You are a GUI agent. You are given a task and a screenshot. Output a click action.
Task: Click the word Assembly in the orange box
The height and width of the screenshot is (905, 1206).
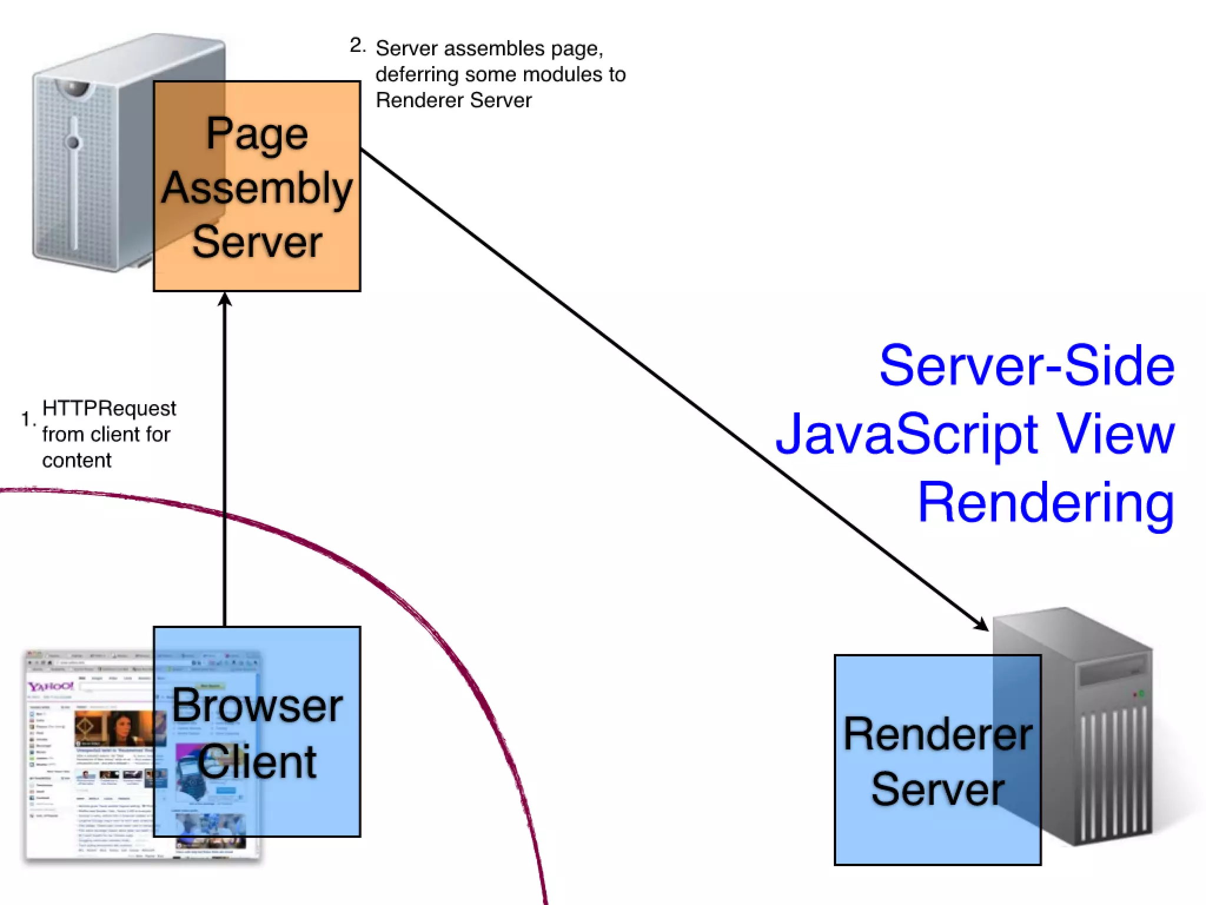pyautogui.click(x=257, y=189)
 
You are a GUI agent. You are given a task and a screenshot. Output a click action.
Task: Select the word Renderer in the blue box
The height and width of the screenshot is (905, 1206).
pyautogui.click(x=937, y=734)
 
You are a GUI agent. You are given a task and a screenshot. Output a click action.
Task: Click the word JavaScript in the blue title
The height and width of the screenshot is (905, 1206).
pyautogui.click(x=907, y=435)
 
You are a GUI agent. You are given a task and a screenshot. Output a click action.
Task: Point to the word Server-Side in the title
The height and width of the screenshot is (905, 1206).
pyautogui.click(x=1027, y=366)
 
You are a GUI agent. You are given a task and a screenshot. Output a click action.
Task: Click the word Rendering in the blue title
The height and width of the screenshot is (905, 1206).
pyautogui.click(x=1046, y=502)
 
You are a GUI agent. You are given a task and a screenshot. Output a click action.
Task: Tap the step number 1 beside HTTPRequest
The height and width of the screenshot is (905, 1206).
pyautogui.click(x=26, y=418)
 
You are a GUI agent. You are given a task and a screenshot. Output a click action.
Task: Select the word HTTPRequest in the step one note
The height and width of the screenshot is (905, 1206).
pyautogui.click(x=109, y=408)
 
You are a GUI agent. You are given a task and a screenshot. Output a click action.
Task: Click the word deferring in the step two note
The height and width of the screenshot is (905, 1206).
pyautogui.click(x=417, y=75)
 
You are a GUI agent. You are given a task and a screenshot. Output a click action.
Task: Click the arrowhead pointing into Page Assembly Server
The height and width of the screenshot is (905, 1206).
pyautogui.click(x=225, y=299)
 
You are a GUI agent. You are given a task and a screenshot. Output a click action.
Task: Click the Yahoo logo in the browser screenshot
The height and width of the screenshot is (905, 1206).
pyautogui.click(x=51, y=686)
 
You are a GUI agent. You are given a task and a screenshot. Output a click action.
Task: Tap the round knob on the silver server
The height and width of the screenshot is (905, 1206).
pyautogui.click(x=72, y=142)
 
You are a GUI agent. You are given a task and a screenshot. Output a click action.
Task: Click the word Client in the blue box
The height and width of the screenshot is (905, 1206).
pyautogui.click(x=257, y=762)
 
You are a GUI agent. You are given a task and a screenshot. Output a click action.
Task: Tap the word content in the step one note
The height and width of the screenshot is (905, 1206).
pyautogui.click(x=77, y=460)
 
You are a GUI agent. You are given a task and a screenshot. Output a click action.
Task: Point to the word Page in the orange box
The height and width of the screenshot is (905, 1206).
pyautogui.click(x=257, y=134)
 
